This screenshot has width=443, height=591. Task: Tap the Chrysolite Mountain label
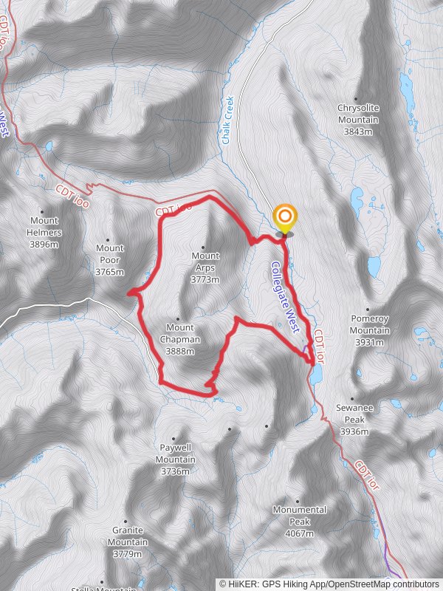point(358,114)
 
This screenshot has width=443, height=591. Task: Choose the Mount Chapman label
point(179,333)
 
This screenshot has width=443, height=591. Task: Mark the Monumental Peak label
point(299,516)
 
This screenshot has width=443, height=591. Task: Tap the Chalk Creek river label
point(228,120)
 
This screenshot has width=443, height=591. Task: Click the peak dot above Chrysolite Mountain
point(356,98)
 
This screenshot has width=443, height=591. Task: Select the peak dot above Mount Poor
point(109,239)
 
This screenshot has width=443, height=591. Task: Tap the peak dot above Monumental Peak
point(298,500)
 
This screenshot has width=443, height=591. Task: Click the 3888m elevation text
point(180,351)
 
